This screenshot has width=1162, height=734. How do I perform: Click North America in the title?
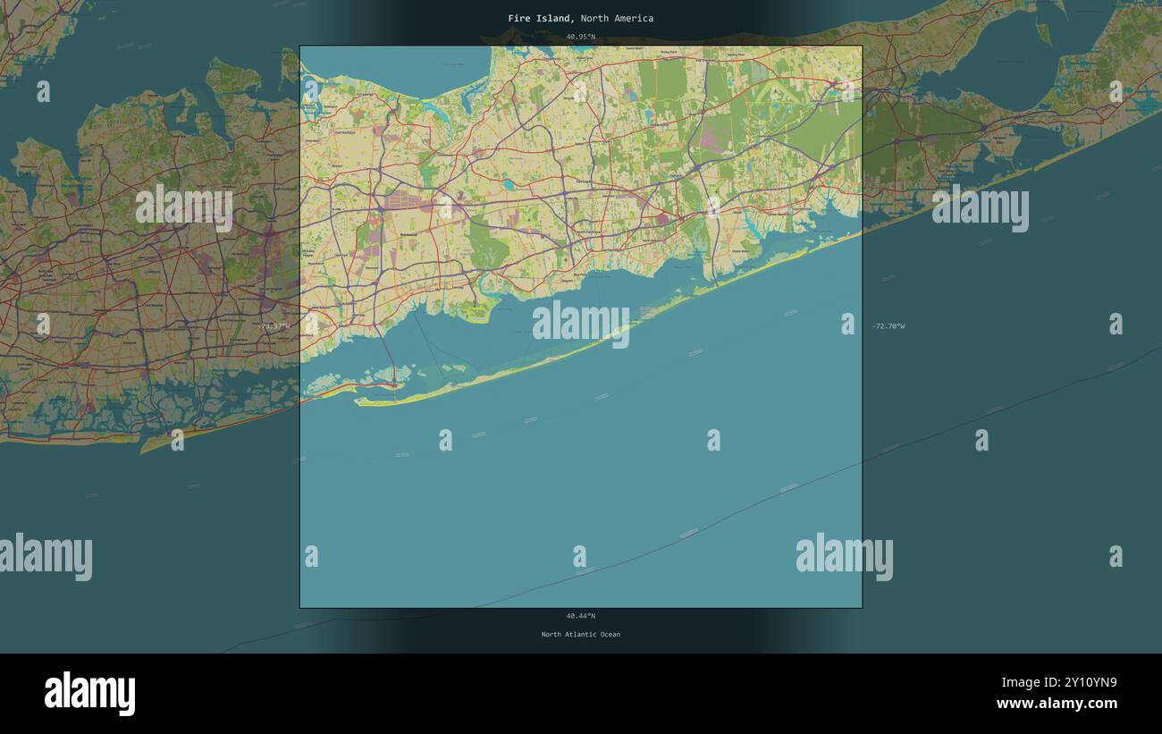[617, 18]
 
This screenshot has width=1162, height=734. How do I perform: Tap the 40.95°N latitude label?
[580, 37]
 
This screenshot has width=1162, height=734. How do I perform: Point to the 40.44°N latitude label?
[580, 616]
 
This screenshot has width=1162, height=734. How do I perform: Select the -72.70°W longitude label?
[888, 326]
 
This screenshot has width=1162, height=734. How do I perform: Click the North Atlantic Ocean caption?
[580, 635]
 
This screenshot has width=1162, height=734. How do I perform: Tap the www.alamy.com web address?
[1057, 704]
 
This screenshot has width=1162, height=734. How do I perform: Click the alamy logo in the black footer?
[89, 694]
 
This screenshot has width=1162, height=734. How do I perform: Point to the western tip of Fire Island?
[358, 402]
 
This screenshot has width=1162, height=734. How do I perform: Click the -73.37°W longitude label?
[274, 326]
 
